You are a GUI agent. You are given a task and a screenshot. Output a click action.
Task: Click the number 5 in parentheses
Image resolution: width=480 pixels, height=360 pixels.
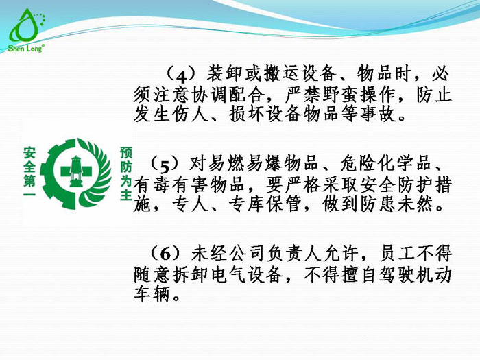click(x=165, y=165)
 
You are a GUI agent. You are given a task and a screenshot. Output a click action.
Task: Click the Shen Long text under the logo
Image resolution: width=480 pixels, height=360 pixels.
click(x=25, y=49)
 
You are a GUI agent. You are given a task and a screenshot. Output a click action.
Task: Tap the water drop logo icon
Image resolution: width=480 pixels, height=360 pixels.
click(x=25, y=26)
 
